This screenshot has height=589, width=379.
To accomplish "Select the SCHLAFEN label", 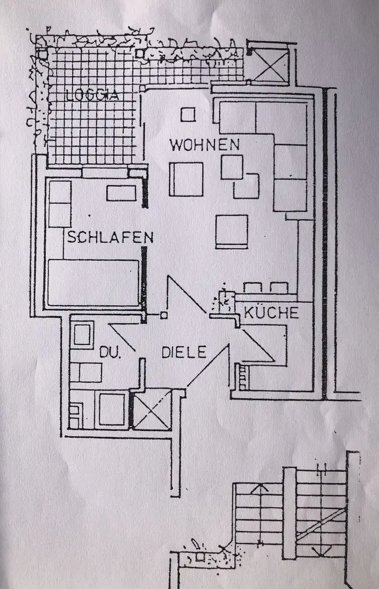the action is (110, 237).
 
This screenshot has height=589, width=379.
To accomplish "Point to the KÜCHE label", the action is (272, 313).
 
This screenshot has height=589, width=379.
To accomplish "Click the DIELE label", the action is (184, 352).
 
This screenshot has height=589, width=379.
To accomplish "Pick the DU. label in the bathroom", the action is (110, 353).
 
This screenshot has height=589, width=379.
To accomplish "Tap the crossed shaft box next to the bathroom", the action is (151, 409).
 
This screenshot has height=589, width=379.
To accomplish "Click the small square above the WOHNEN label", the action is (187, 114).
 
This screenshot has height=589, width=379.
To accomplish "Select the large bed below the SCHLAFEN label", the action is (93, 282).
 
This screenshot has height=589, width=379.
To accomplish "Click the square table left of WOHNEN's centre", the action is (186, 178).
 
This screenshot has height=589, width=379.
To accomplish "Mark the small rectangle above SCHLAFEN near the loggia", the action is (121, 193).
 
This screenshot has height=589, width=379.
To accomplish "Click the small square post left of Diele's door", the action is (164, 315).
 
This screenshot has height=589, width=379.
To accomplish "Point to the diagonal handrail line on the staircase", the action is (320, 524).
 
